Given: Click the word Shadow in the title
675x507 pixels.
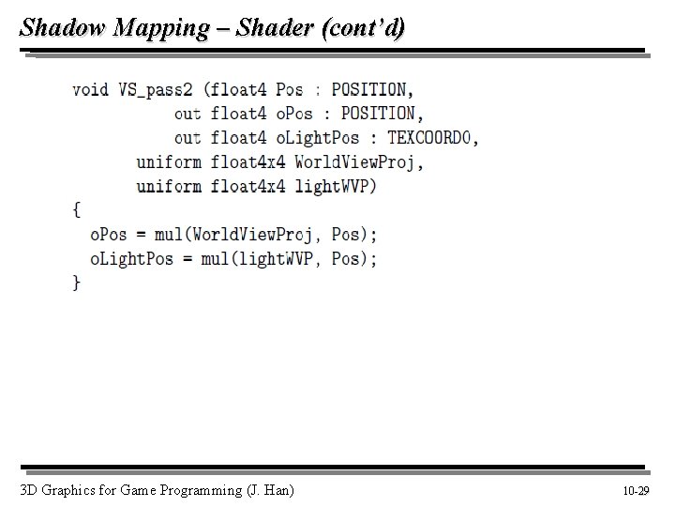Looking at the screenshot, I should [x=62, y=27].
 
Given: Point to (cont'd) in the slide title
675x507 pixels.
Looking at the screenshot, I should [x=363, y=27].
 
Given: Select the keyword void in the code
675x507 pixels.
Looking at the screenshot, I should [x=90, y=89].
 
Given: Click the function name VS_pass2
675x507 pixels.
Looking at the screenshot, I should [x=156, y=89].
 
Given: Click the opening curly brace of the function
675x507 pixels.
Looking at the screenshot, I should [x=76, y=209].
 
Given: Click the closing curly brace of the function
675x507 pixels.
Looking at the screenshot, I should [x=76, y=282].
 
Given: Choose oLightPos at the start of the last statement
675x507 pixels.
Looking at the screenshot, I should [x=131, y=258].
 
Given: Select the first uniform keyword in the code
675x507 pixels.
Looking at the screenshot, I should [x=169, y=161].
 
